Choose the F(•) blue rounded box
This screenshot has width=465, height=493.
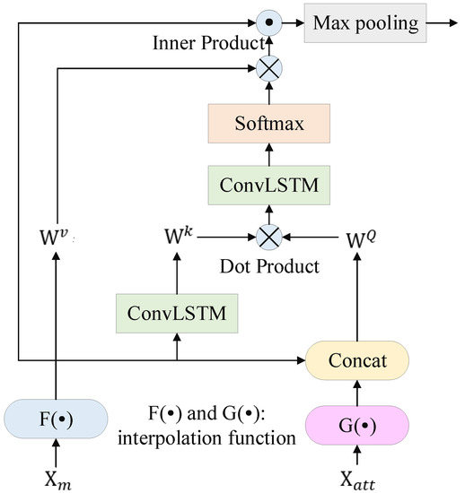click(57, 418)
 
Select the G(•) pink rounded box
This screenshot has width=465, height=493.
click(358, 420)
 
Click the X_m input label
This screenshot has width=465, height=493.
click(57, 473)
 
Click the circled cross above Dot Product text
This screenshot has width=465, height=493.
click(268, 237)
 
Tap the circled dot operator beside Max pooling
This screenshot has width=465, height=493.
click(268, 20)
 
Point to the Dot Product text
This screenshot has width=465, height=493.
click(268, 265)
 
